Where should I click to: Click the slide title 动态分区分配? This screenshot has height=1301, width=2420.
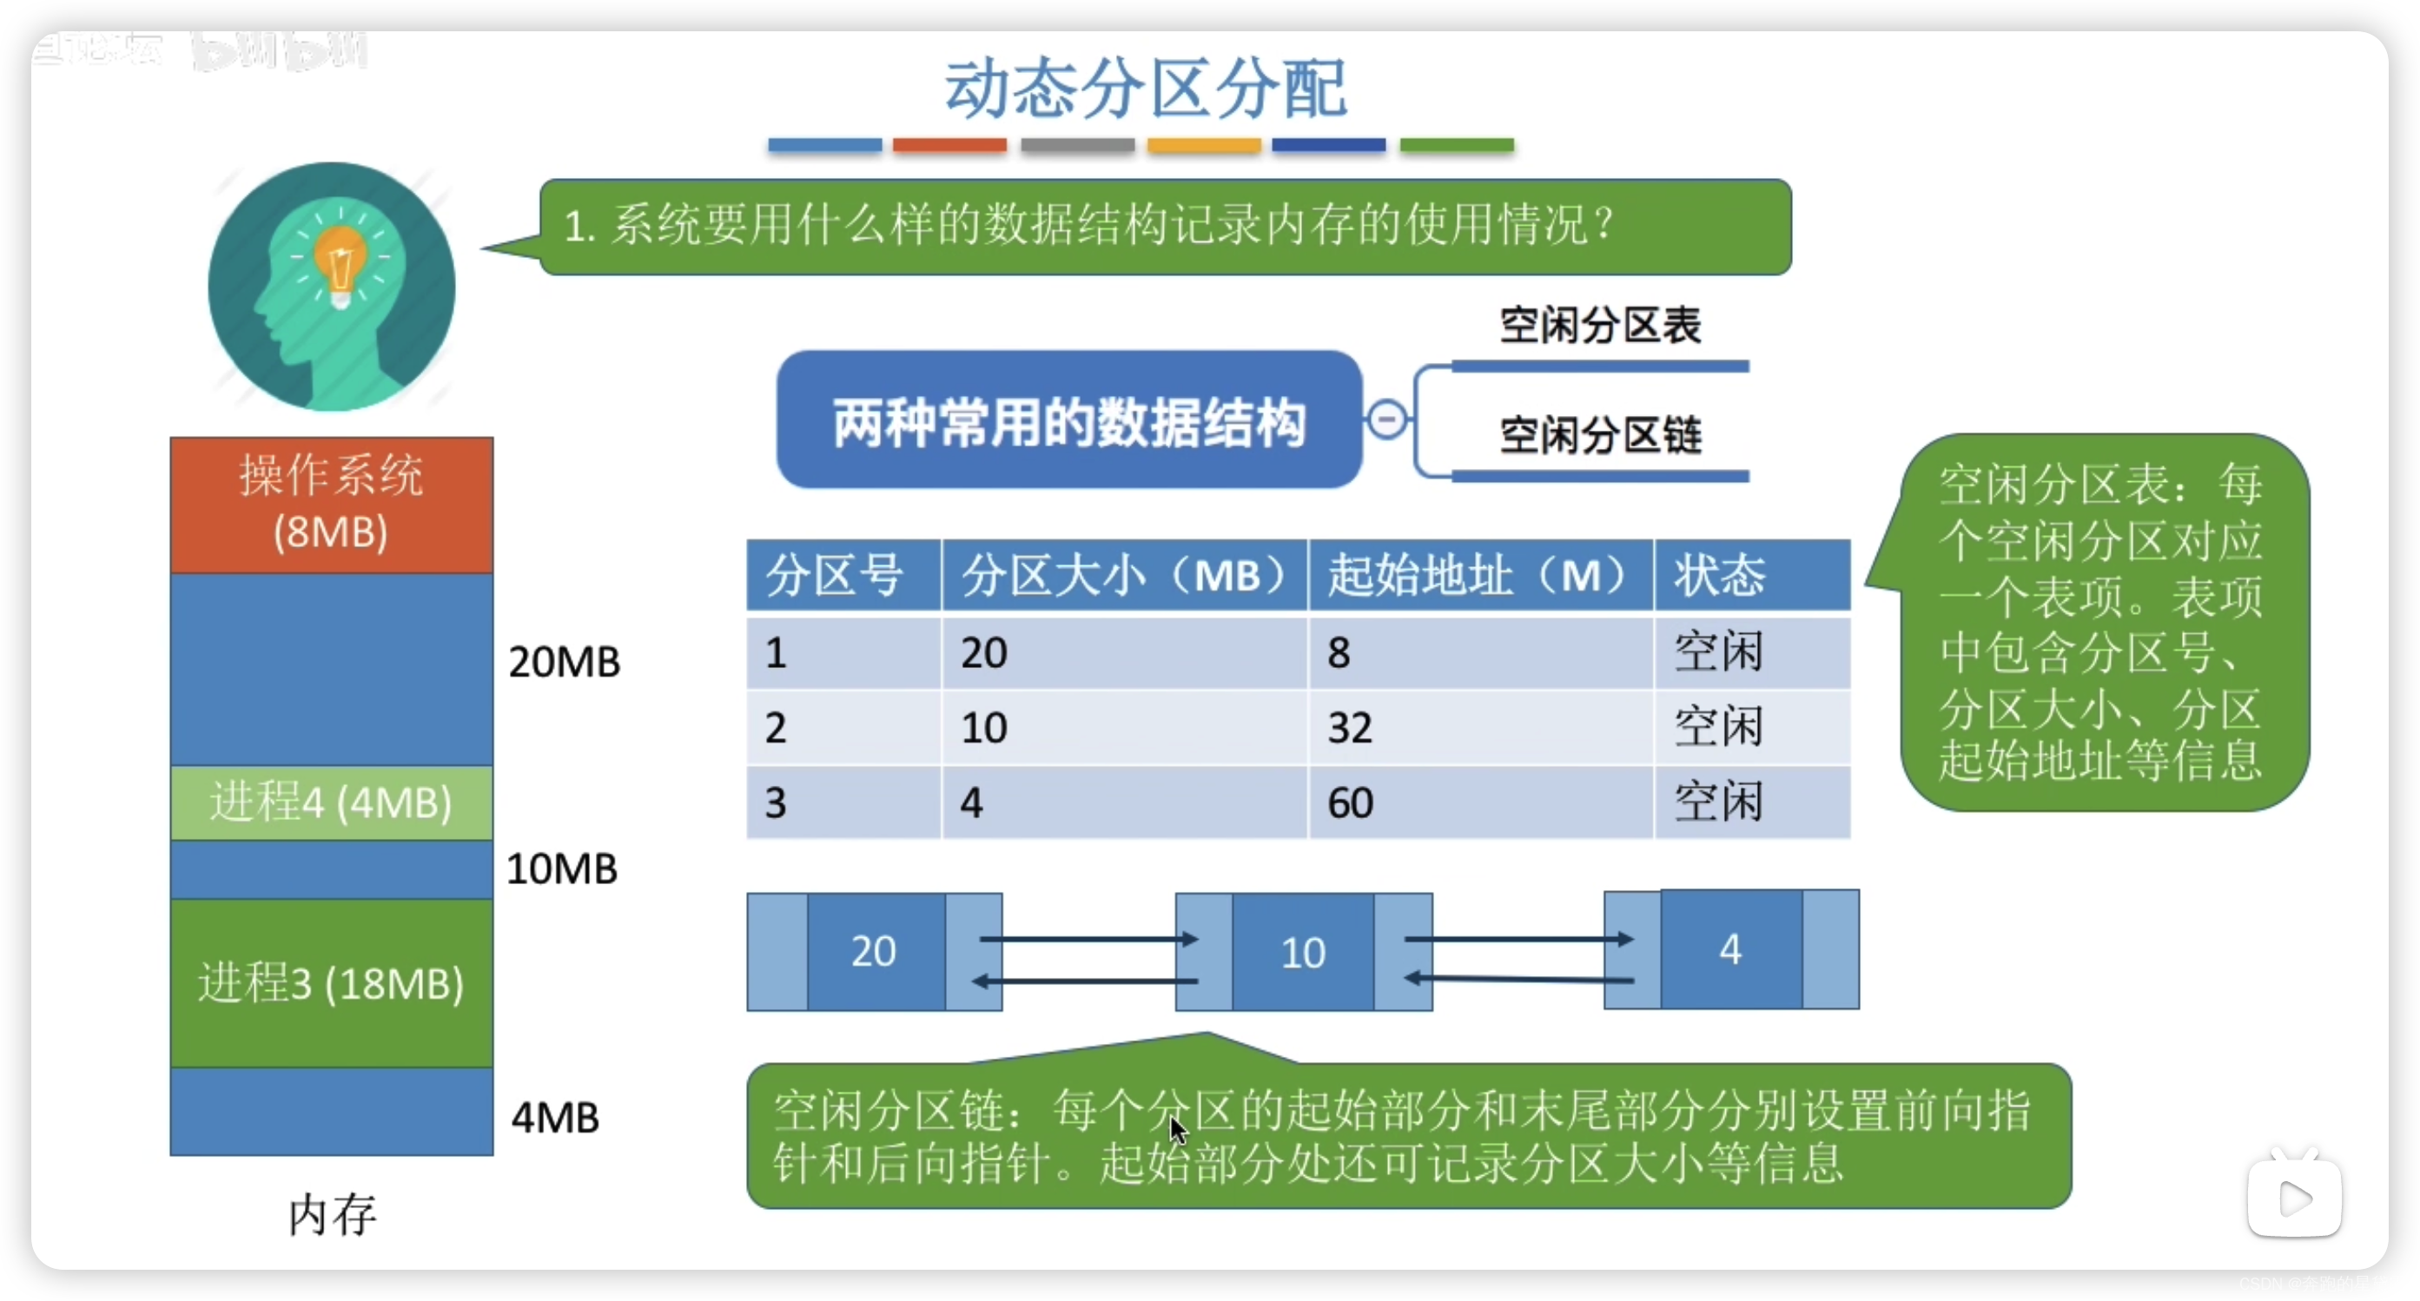1145,89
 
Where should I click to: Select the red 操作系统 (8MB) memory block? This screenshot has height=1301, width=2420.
332,505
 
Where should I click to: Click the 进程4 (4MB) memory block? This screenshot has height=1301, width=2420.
332,802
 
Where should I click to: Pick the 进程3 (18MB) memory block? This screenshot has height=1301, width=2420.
332,982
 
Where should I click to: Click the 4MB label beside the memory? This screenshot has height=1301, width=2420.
555,1118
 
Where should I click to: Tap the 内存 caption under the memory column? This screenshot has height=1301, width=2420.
332,1214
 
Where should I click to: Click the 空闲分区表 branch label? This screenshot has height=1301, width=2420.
1600,326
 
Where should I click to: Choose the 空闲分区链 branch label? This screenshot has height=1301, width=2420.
1600,436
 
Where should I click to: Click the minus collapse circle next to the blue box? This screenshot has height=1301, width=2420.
1386,419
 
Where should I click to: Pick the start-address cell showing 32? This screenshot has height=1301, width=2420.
1350,728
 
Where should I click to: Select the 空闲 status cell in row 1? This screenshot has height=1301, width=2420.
1718,652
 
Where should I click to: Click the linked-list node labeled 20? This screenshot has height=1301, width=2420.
875,952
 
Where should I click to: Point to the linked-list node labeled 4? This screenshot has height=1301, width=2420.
1730,949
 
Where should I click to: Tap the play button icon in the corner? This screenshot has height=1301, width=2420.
2294,1198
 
